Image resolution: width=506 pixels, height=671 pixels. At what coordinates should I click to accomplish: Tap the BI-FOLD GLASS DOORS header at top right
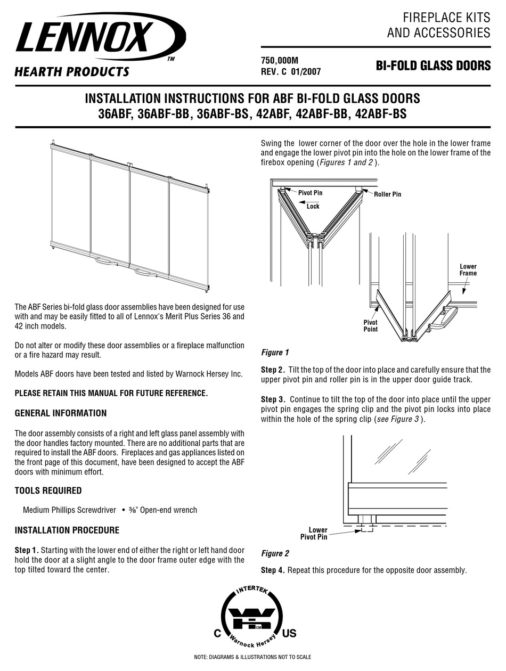(433, 66)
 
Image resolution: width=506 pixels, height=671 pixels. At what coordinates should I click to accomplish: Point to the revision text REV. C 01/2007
(291, 71)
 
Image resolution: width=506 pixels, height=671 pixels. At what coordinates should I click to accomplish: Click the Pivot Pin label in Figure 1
(310, 193)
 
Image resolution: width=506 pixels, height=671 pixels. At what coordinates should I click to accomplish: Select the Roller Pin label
(387, 194)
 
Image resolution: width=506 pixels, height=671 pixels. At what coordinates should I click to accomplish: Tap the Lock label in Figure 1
(313, 206)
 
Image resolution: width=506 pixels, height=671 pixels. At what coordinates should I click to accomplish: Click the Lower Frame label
(468, 269)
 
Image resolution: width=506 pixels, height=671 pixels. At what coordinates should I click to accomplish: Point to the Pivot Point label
(370, 325)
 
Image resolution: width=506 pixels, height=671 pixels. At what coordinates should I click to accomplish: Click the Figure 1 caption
(275, 353)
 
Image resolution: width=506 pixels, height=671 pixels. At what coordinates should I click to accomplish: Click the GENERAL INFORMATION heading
(60, 413)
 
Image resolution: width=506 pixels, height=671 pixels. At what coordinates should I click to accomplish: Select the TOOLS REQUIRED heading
(48, 490)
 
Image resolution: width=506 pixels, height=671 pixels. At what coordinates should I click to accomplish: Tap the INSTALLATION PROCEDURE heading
(67, 530)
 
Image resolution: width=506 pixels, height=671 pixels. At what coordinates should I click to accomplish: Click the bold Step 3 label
(272, 399)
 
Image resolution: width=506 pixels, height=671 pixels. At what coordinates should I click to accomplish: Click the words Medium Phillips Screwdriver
(69, 510)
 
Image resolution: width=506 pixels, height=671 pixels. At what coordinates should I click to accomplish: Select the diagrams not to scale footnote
(252, 658)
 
